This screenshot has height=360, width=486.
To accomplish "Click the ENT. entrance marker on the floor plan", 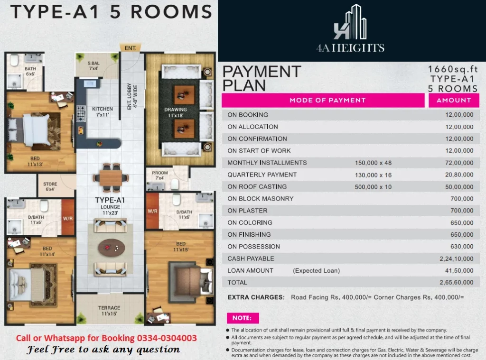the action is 131,48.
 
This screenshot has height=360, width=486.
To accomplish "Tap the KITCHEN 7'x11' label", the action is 103,111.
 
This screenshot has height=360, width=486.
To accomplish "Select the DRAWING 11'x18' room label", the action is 176,112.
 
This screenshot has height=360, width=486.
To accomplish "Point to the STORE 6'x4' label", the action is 50,186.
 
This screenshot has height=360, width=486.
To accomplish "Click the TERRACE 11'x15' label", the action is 109,310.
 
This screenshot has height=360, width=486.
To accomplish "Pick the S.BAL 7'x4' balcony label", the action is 93,65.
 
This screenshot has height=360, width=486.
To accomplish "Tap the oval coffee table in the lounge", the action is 111,248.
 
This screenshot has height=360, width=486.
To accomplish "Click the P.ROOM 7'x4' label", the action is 159,175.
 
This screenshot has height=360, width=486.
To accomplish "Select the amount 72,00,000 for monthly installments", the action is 459,163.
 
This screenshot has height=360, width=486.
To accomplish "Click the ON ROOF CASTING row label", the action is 257,187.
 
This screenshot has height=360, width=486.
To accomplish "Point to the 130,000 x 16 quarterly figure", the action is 373,175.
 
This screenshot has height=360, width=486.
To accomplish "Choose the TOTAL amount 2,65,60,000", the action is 456,283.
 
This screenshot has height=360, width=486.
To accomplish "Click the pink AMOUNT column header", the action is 454,101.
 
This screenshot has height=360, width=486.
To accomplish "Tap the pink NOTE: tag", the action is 243,318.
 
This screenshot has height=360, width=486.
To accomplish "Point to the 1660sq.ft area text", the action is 453,69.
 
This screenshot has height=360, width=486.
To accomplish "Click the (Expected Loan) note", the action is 316,271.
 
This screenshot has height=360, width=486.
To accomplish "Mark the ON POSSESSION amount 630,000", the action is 462,247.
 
